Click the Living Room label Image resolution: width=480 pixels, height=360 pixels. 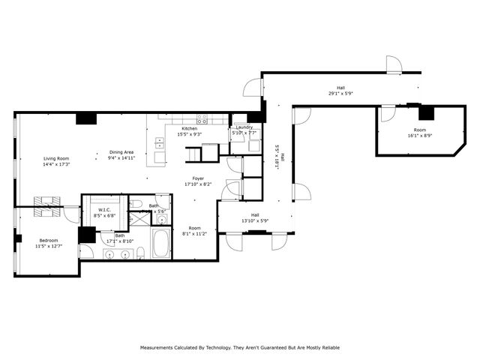[x=56, y=158]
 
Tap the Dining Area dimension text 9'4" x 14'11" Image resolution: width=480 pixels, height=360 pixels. [x=121, y=158]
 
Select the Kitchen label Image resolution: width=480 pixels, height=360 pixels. [x=189, y=128]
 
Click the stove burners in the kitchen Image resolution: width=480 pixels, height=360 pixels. [x=202, y=118]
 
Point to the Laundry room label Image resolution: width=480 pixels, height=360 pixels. [x=244, y=127]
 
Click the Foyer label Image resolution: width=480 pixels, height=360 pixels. [x=198, y=178]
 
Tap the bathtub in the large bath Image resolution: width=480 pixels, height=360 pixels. [x=162, y=244]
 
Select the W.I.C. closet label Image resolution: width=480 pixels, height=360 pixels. [x=103, y=210]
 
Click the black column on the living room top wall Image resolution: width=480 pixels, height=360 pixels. [x=85, y=118]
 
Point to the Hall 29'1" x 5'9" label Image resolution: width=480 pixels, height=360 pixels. [x=341, y=88]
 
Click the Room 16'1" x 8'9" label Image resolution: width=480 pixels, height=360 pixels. [x=419, y=130]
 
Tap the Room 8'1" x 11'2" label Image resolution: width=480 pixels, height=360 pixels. [x=194, y=228]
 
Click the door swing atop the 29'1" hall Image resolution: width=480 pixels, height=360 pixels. [x=394, y=64]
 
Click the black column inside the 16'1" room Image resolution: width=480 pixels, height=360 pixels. [x=427, y=113]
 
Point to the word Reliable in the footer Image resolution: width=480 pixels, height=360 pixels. [x=327, y=348]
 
